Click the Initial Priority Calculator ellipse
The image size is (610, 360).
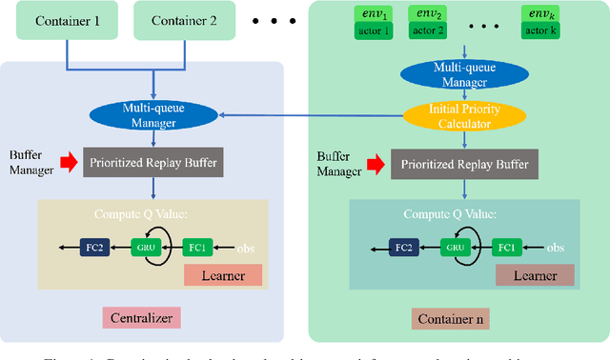pyautogui.click(x=463, y=116)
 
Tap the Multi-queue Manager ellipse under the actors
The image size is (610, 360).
pyautogui.click(x=463, y=73)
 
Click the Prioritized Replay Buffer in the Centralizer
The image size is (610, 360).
pyautogui.click(x=155, y=163)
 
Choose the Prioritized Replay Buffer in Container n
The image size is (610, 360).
pyautogui.click(x=464, y=163)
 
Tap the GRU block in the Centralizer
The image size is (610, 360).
pyautogui.click(x=146, y=248)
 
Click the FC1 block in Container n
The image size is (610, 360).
pyautogui.click(x=506, y=248)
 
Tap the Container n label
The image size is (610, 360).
pyautogui.click(x=451, y=316)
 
